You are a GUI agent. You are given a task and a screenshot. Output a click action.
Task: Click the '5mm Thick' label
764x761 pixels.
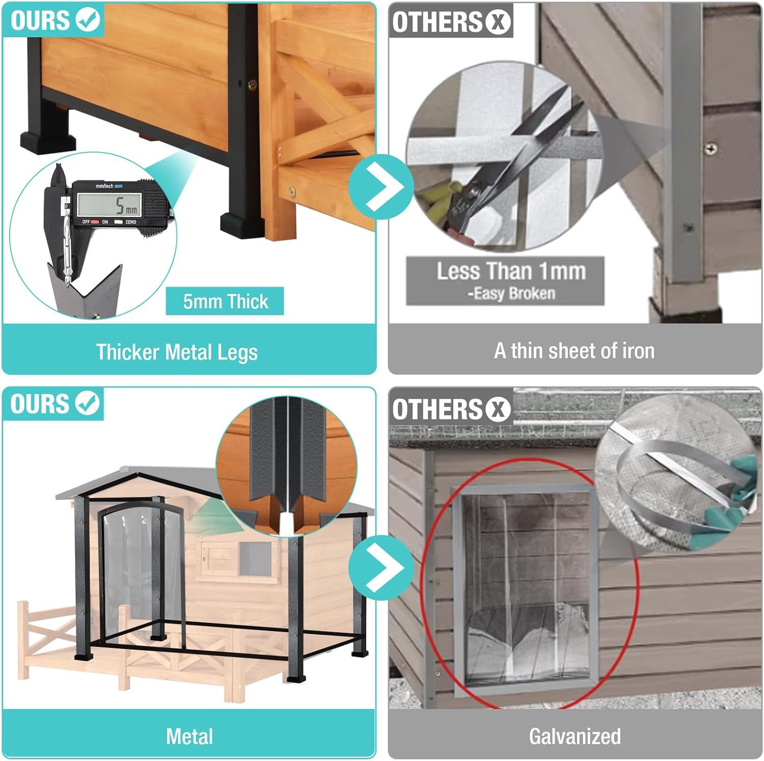[225, 302]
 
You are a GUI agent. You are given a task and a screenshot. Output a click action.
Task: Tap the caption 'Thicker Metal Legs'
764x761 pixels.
[177, 352]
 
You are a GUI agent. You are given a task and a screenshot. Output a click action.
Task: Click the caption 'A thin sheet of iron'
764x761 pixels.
[574, 351]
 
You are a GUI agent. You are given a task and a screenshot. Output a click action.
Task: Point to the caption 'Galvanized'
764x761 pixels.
[575, 737]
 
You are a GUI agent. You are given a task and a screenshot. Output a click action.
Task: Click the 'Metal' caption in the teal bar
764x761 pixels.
[189, 737]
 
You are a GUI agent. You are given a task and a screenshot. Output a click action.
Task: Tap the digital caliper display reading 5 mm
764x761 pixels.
[109, 205]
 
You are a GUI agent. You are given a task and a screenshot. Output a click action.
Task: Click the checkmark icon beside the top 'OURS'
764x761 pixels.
[88, 20]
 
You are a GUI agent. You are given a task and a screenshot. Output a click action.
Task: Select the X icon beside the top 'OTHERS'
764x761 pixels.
[498, 22]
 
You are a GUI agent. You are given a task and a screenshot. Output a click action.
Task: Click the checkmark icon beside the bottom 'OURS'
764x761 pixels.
[88, 404]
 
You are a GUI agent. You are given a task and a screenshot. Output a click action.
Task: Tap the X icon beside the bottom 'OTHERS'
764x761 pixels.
[498, 409]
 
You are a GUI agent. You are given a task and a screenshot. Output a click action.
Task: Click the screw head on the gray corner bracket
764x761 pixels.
[711, 149]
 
